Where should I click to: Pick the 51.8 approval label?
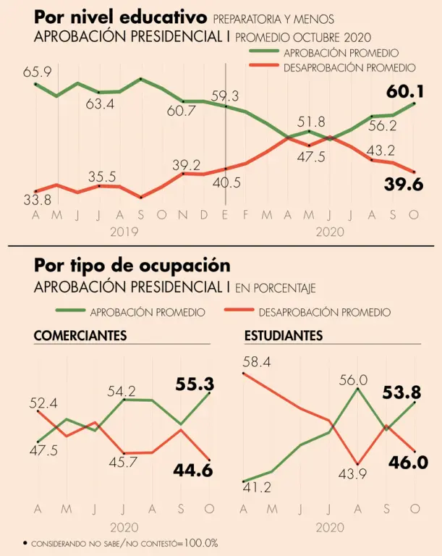[311, 122]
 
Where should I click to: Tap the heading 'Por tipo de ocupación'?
[132, 265]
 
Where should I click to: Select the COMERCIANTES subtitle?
[80, 337]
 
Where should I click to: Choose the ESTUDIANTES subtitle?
[284, 337]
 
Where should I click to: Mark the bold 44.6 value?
[193, 471]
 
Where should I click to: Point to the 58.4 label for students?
[258, 361]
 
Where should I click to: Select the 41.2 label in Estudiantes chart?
[257, 488]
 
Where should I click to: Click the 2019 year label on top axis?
[124, 231]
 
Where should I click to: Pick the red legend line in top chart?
[263, 67]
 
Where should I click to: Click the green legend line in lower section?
[70, 312]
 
